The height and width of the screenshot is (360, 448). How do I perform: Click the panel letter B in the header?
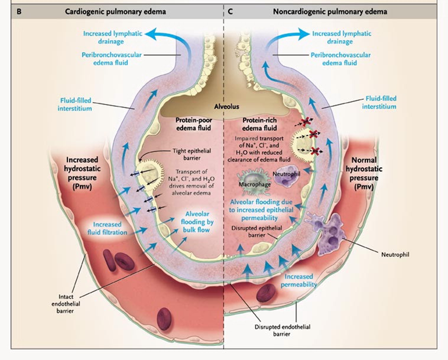[x=19, y=12]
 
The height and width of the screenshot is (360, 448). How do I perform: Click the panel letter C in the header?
[x=231, y=12]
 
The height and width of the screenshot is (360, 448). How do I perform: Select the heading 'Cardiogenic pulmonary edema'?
[x=116, y=12]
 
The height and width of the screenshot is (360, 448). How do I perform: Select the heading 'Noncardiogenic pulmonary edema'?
[x=330, y=12]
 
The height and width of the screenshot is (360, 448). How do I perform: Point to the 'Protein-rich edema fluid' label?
[x=259, y=124]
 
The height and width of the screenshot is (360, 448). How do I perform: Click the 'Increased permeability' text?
[x=299, y=280]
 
